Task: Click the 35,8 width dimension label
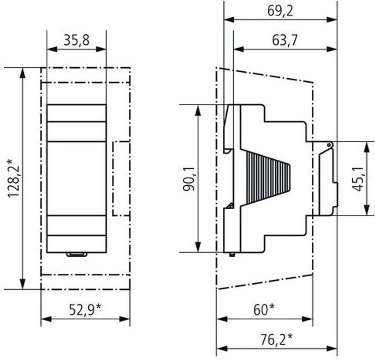click(x=76, y=40)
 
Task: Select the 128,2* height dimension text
click(x=14, y=178)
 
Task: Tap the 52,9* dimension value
click(x=85, y=310)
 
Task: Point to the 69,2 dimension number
click(x=280, y=11)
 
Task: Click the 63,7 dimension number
click(x=285, y=40)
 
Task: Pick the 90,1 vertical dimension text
click(x=189, y=179)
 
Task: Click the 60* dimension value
click(x=264, y=310)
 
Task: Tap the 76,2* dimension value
click(x=276, y=340)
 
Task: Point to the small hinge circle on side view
click(x=329, y=145)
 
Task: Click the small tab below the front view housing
click(x=77, y=254)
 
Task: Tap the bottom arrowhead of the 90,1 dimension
click(x=198, y=247)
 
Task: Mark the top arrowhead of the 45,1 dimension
click(x=366, y=147)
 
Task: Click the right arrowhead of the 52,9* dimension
click(x=125, y=319)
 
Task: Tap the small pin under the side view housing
click(x=231, y=254)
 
